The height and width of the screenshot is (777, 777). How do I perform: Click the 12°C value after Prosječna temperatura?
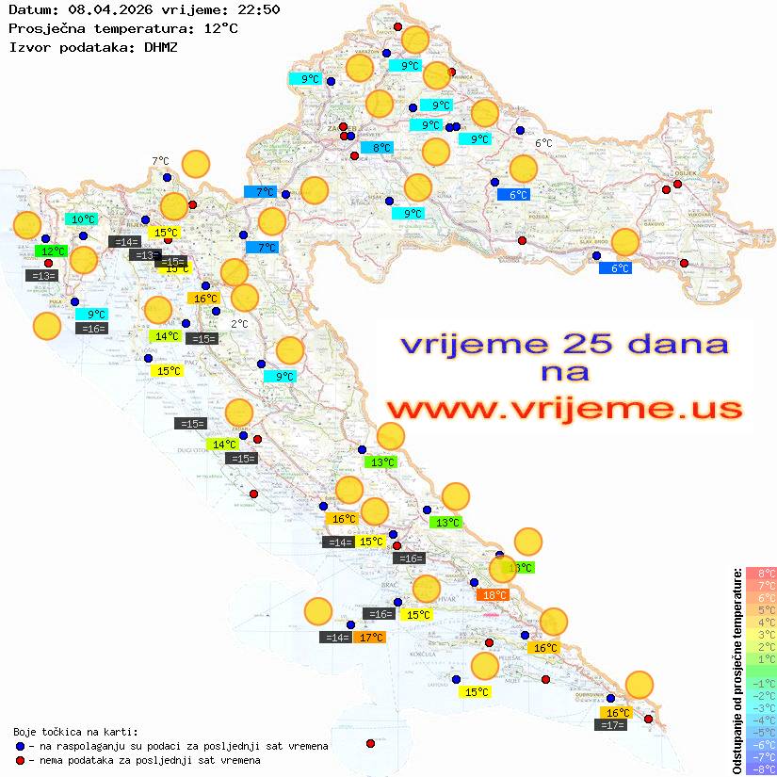pos(220,28)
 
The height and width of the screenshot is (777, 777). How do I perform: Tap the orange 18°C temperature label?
pos(494,594)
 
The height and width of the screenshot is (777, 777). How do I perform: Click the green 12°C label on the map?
pos(52,251)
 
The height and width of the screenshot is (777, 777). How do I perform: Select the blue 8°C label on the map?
pos(376,148)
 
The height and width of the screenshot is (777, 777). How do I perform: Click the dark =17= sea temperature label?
pos(613,725)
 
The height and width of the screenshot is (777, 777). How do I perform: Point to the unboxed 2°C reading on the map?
pos(239,324)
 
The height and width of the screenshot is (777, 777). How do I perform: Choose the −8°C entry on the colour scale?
pos(761,769)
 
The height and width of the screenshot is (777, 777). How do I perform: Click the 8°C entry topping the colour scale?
pos(761,573)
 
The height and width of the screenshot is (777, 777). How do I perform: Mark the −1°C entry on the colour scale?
pos(761,683)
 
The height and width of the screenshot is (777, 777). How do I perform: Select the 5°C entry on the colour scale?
pos(761,609)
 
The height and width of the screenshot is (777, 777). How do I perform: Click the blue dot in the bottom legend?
pos(21,746)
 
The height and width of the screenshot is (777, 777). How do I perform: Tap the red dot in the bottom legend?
pos(21,760)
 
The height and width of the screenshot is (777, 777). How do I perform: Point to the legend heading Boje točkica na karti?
pos(75,732)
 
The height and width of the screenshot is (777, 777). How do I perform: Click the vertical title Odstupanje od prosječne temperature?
pos(737,670)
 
